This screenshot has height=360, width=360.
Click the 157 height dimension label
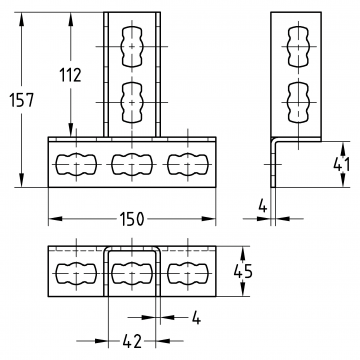[x=21, y=100]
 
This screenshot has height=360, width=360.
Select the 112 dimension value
[x=70, y=75]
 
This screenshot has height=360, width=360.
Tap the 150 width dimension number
[x=132, y=219]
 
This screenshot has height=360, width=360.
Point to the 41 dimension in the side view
[x=342, y=165]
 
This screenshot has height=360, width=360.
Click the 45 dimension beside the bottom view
[x=243, y=271]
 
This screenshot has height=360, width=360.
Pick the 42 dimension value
[x=132, y=341]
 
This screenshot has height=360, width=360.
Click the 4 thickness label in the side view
[x=263, y=207]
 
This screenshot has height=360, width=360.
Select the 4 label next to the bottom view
[x=197, y=318]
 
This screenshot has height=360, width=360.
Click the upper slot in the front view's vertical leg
[x=132, y=47]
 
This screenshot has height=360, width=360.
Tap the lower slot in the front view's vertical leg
[x=132, y=102]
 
